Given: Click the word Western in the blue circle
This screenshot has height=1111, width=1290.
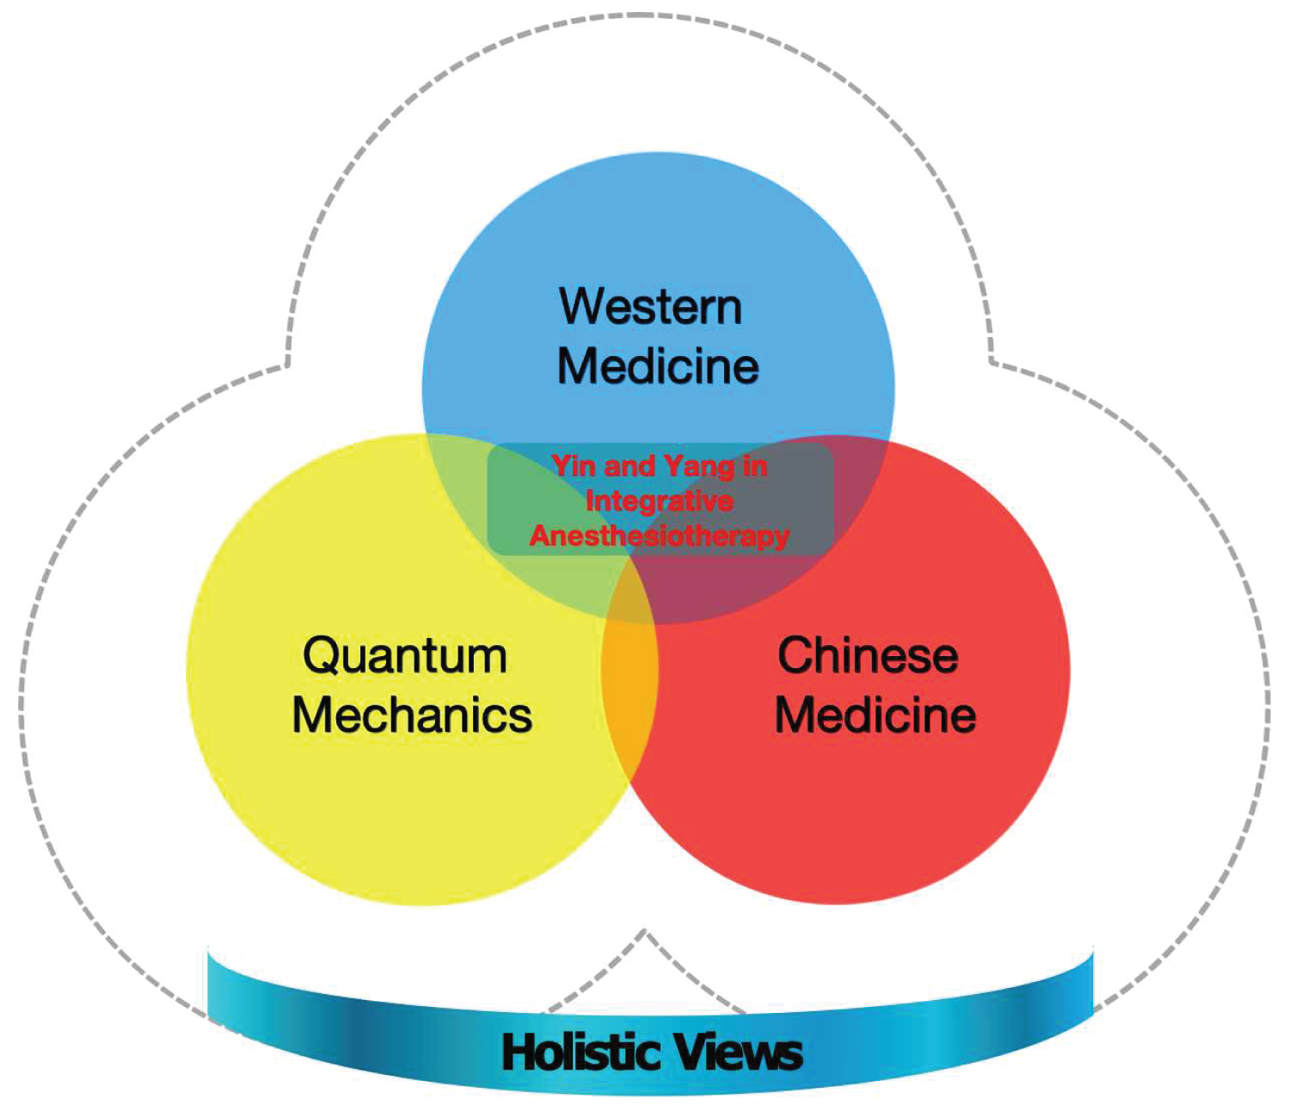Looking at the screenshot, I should (650, 307).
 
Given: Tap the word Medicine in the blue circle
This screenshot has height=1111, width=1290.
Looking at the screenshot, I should (658, 366).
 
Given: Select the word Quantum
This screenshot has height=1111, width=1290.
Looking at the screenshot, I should (404, 656).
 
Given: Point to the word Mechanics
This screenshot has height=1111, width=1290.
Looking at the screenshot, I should (412, 715).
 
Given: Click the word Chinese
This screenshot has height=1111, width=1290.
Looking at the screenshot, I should (868, 656).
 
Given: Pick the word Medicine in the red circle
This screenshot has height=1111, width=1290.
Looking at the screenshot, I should (875, 715).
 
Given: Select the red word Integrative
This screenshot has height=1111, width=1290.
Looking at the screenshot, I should (660, 500).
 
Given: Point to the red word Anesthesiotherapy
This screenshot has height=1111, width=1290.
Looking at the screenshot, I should (660, 536).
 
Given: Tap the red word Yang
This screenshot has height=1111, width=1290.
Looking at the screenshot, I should (699, 467).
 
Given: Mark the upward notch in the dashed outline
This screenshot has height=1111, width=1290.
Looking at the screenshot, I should (645, 932).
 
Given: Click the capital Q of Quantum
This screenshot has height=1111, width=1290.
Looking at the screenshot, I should (321, 657).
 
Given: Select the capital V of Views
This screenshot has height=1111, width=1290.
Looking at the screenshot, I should (691, 1053).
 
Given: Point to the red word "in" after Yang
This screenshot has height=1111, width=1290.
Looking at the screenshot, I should (755, 466).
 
